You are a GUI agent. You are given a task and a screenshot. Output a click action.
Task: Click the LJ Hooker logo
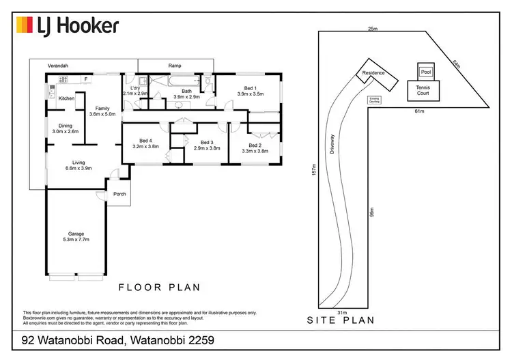68,26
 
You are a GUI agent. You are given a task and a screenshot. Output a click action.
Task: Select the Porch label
119,193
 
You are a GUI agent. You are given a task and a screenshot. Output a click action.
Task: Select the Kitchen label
66,99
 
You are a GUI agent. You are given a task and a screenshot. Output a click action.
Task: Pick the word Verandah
59,66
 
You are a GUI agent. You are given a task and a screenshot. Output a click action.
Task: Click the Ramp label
175,66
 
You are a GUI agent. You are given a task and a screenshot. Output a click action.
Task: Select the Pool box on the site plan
426,71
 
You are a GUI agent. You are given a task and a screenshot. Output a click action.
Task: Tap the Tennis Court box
427,89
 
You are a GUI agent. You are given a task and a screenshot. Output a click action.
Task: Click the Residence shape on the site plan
373,74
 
